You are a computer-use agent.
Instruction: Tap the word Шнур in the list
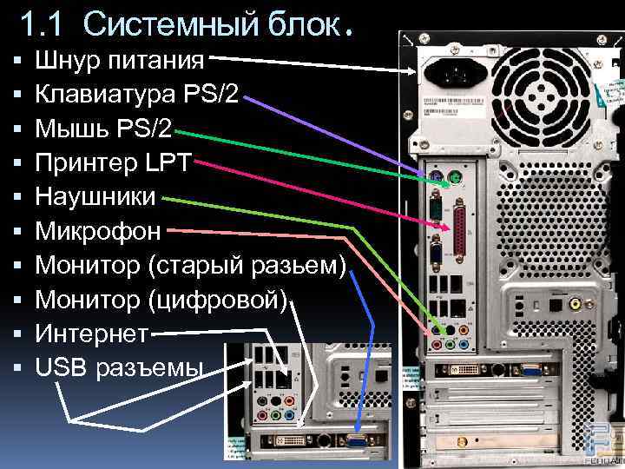click(68, 61)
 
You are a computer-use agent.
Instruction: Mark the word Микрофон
click(98, 231)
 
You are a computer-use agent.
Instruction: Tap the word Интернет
click(91, 334)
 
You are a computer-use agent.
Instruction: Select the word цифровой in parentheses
click(223, 300)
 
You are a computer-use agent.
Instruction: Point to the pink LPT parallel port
click(459, 229)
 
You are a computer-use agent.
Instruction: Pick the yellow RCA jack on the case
click(576, 305)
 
